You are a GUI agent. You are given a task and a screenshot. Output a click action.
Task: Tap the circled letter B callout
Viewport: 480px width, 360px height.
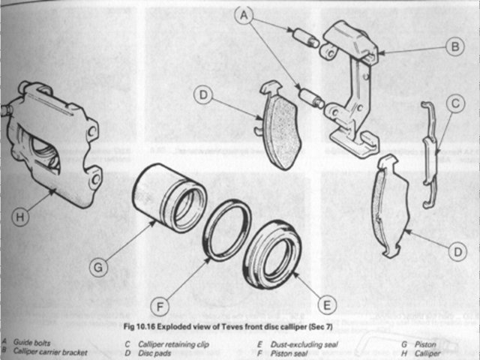tap(454, 46)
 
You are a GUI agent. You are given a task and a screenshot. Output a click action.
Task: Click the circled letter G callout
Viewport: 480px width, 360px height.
tap(96, 265)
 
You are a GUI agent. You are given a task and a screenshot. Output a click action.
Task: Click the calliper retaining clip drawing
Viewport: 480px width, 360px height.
tap(429, 154)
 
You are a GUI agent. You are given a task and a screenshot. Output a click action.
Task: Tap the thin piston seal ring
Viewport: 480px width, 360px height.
tap(228, 229)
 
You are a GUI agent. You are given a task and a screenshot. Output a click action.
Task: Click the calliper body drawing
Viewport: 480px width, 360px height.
tap(52, 146)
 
